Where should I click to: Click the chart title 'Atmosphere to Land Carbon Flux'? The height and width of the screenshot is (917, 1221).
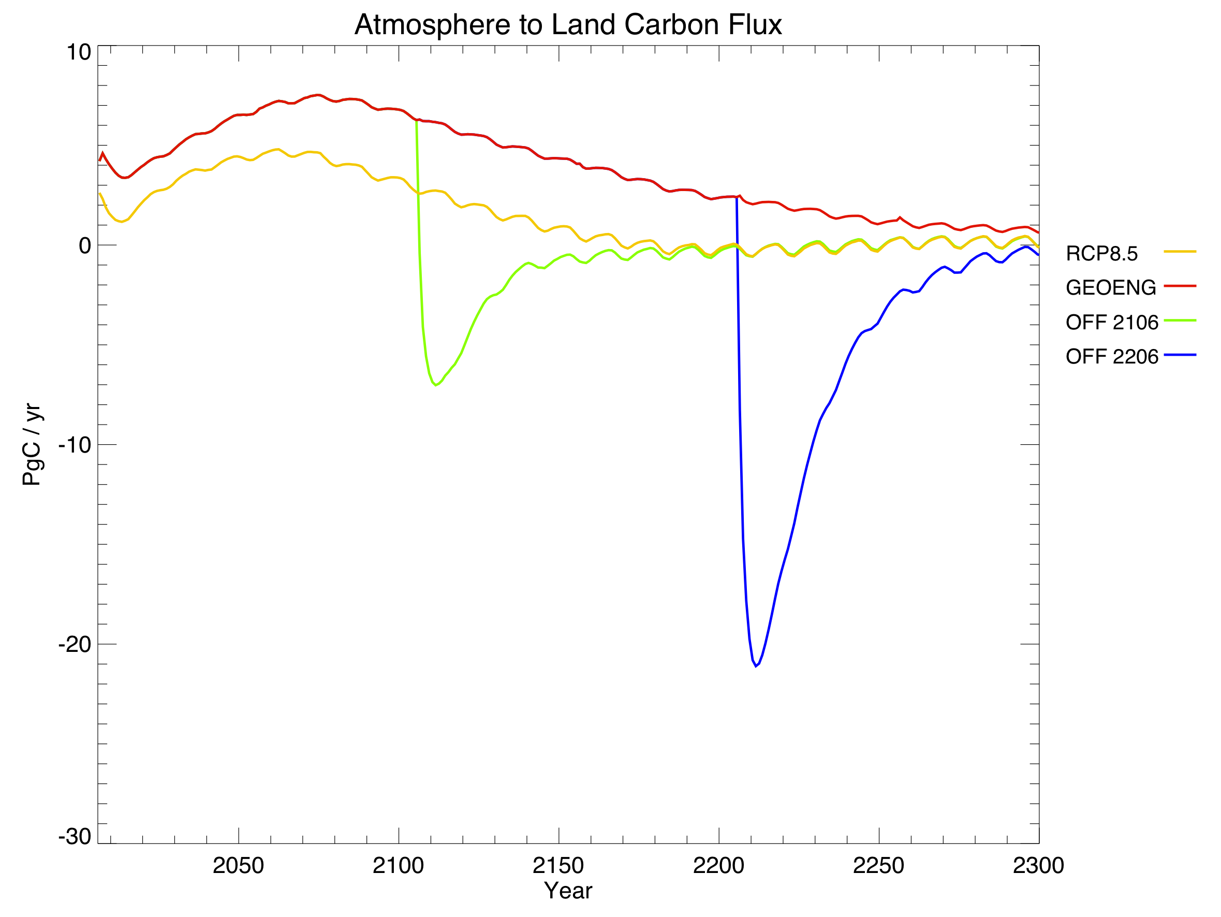coord(568,25)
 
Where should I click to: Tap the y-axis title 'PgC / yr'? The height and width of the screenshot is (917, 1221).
coord(32,444)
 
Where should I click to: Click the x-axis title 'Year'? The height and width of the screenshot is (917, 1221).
coord(568,891)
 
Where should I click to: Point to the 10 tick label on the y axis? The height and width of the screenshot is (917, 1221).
coord(78,52)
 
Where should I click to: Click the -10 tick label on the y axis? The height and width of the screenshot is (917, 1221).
coord(75,445)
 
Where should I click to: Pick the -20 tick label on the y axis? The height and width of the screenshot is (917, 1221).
coord(75,644)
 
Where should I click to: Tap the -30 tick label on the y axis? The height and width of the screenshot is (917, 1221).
coord(75,836)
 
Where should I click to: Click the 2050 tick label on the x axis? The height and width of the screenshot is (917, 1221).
coord(239,865)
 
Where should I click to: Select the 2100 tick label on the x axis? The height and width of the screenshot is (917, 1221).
coord(398,865)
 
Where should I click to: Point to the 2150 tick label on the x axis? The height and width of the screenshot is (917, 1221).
coord(558,865)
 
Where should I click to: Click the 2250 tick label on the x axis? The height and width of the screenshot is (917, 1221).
coord(878,865)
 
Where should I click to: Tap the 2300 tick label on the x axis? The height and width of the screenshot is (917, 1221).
coord(1038,865)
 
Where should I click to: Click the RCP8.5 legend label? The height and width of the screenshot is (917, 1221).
coord(1102,253)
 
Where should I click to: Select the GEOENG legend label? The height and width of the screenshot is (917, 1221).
coord(1111,288)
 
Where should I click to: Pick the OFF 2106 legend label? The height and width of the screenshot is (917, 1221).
coord(1112,323)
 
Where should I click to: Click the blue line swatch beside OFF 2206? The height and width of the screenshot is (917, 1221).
coord(1180,355)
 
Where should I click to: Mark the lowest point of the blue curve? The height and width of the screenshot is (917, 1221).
coord(756,666)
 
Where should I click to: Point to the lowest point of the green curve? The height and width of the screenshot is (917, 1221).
coord(436,385)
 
